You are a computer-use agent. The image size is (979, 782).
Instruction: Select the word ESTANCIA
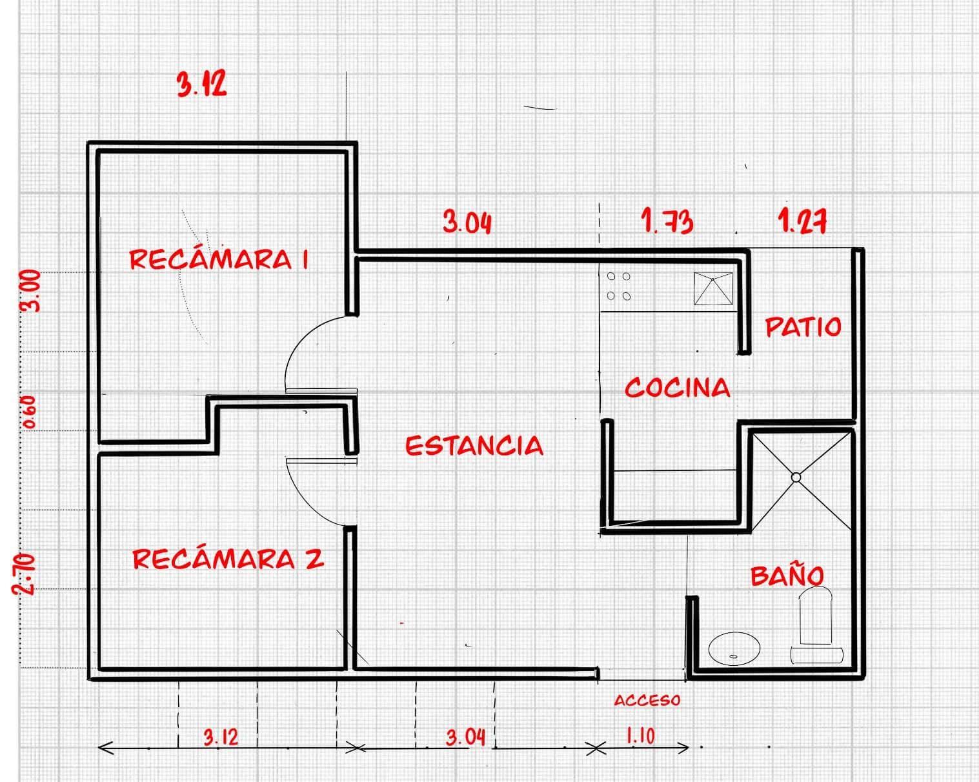point(474,445)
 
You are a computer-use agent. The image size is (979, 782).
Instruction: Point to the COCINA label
point(677,388)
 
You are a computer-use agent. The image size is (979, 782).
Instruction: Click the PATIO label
point(803,326)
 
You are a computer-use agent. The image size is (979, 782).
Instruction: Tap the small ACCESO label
point(647,700)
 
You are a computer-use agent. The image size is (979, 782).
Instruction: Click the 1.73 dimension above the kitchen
point(667,221)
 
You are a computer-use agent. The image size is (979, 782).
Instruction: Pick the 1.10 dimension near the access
point(641,736)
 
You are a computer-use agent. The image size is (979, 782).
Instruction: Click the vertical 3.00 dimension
point(30,291)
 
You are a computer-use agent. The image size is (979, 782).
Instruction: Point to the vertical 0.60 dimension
point(29,412)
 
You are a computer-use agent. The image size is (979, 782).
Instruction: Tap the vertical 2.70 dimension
point(24,574)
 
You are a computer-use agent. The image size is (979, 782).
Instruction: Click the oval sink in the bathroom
point(734,648)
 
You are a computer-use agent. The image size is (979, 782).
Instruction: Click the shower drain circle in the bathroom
point(796,477)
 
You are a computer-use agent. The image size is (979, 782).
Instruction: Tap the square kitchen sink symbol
point(713,288)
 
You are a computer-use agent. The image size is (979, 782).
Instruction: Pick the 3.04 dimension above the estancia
point(467,222)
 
